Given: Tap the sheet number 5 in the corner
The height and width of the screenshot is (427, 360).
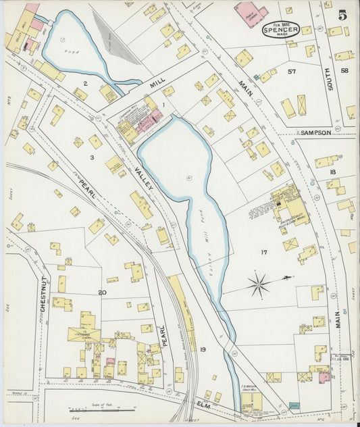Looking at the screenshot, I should pos(343,14).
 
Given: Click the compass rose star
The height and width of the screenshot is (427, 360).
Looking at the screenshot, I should pos(259,283).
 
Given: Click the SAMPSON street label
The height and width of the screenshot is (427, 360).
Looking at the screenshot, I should pos(315,133).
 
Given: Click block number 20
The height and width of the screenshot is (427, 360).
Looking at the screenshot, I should pos(102,292).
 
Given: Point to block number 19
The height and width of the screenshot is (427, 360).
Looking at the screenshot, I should pos(202,349).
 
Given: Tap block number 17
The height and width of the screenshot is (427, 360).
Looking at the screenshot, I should pos(264,253).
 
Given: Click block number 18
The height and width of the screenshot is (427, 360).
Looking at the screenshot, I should pos(332,172).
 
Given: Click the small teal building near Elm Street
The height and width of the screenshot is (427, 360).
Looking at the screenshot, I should pos(293,405).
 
